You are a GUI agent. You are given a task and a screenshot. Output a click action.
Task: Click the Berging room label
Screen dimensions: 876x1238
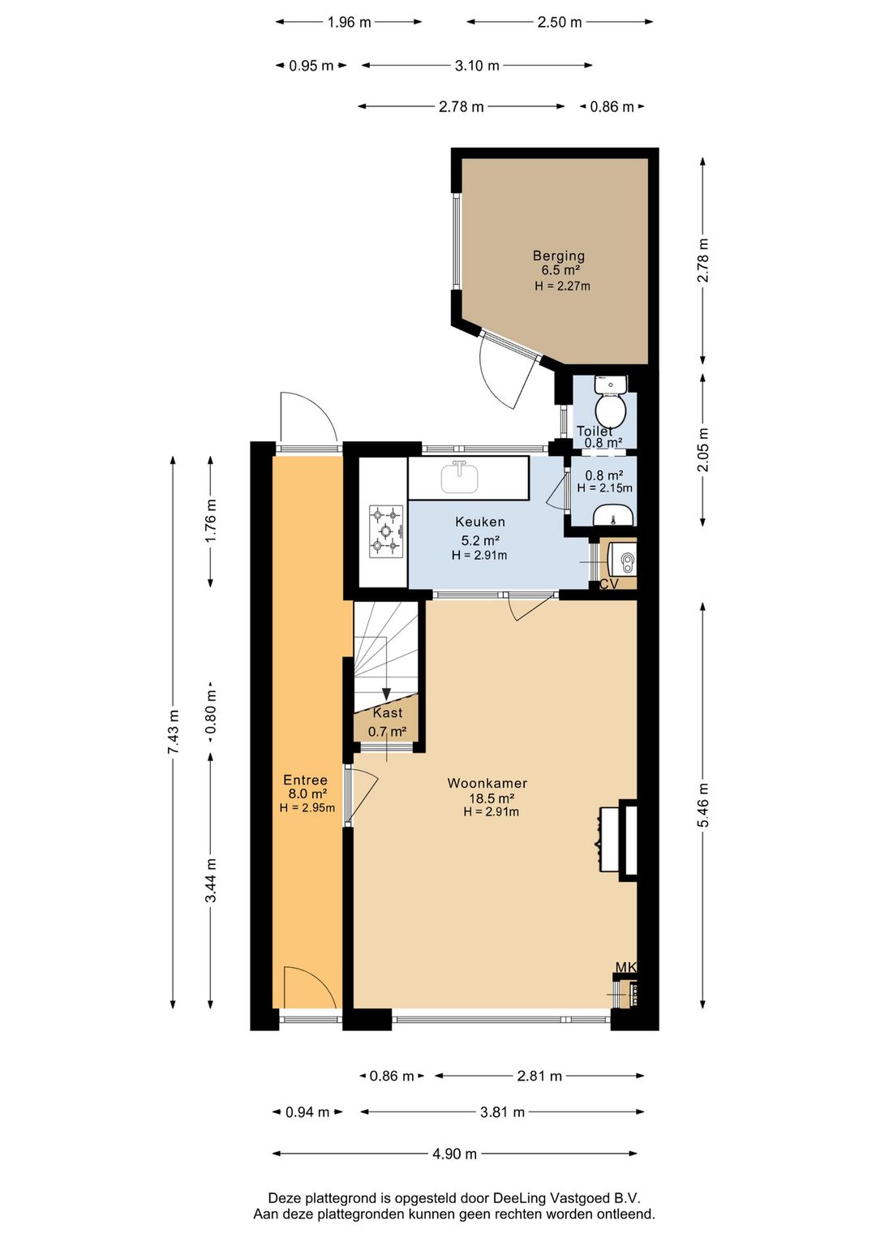(558, 256)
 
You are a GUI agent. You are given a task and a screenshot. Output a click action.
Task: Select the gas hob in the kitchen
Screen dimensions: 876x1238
(386, 531)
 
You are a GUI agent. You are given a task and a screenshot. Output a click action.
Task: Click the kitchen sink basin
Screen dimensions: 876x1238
(459, 478)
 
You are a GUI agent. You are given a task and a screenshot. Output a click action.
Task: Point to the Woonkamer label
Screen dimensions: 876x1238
(487, 783)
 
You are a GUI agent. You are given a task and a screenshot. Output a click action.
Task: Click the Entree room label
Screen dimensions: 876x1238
(305, 780)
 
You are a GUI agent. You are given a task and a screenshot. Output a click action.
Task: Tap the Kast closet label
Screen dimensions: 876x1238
(388, 713)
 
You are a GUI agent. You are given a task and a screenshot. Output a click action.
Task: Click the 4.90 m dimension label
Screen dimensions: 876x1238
(454, 1154)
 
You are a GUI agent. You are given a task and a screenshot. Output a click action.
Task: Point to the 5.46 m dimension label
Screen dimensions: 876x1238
(703, 806)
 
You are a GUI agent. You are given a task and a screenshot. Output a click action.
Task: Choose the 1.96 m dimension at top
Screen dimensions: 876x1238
(349, 22)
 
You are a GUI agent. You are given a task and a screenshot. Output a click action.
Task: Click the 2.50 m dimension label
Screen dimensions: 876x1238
(560, 22)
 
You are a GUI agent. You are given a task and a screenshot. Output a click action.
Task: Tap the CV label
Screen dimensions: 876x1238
(608, 583)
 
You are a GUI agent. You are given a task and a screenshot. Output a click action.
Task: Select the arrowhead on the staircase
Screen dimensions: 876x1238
(386, 694)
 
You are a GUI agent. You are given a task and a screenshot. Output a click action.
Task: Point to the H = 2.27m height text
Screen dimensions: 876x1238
(562, 286)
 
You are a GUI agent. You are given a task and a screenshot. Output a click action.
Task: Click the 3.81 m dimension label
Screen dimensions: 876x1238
(502, 1111)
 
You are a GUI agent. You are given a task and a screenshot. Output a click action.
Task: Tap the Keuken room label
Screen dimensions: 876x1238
(479, 521)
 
